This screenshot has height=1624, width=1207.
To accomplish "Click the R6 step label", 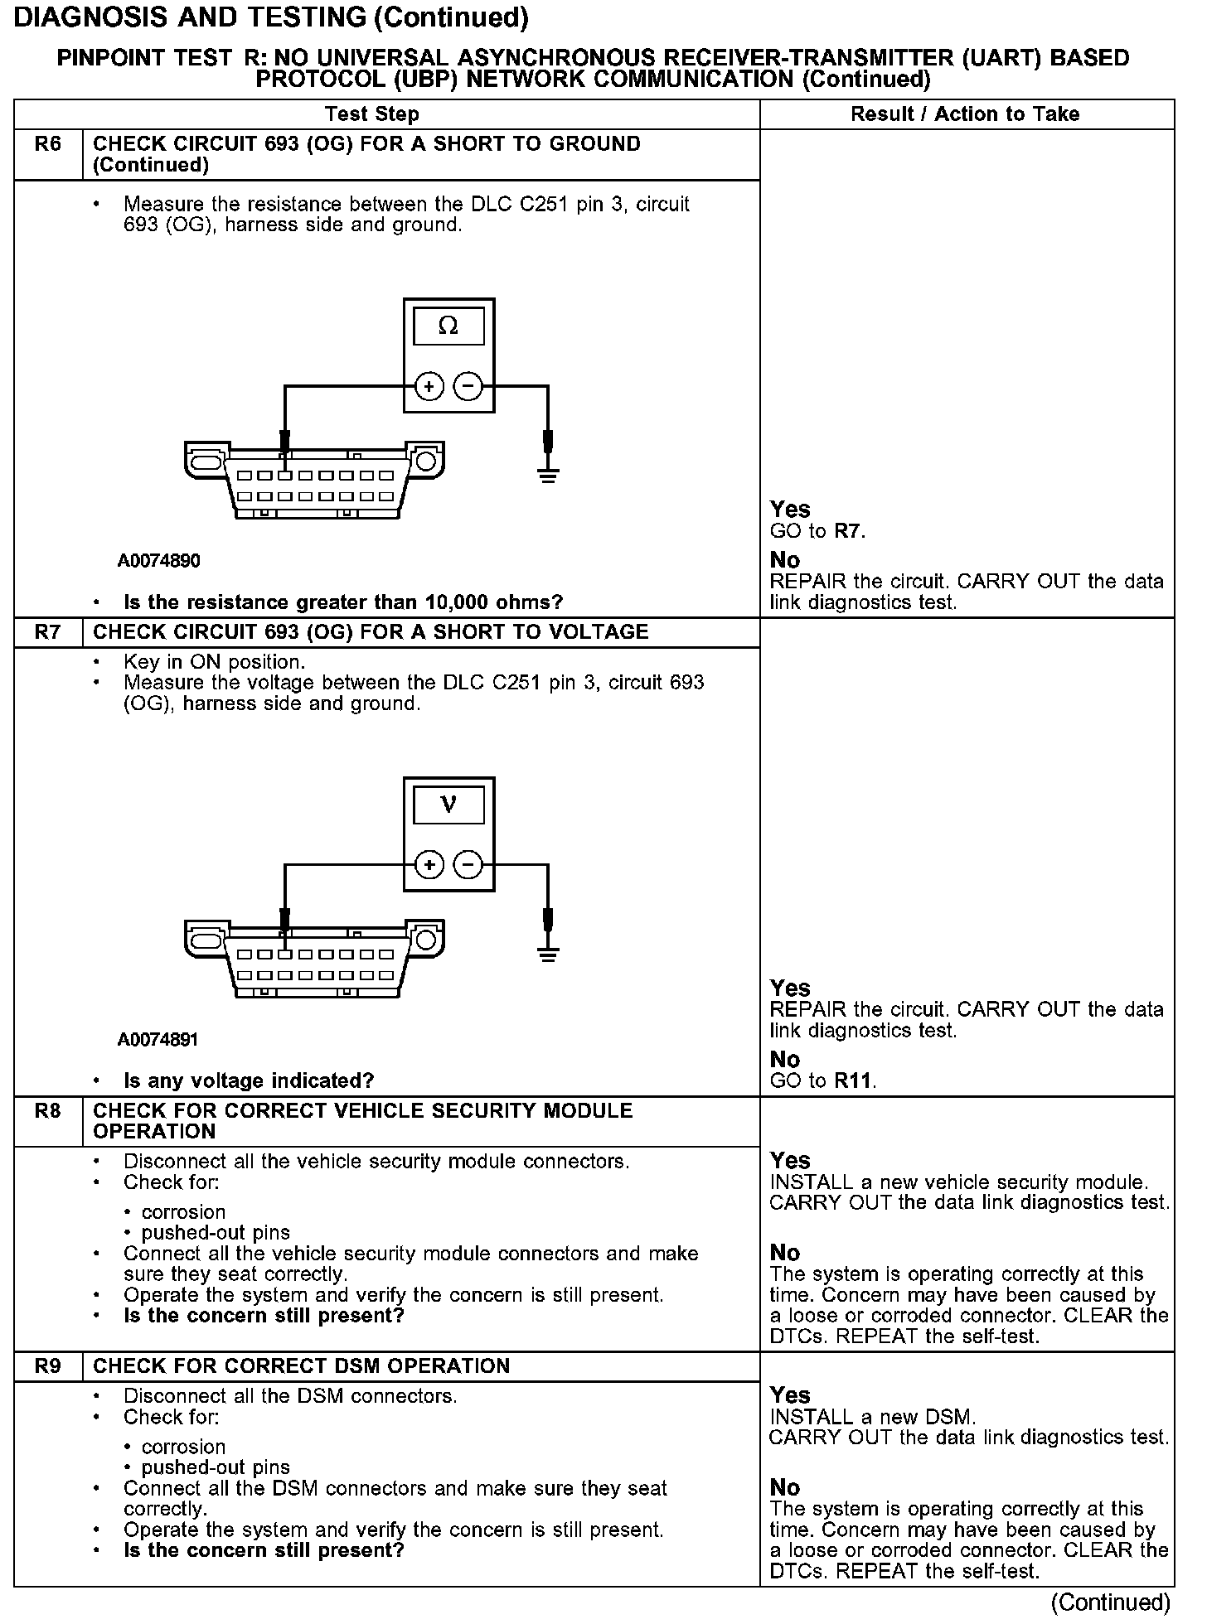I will point(48,144).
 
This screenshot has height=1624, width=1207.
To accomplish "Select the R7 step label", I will point(48,632).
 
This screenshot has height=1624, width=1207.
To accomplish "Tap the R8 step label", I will point(48,1110).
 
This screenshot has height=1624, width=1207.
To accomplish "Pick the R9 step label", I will point(48,1365).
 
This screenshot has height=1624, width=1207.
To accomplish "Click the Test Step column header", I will point(371,114).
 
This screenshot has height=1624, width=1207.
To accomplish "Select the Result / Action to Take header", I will point(965,114).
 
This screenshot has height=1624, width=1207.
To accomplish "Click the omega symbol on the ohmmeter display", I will point(448,326).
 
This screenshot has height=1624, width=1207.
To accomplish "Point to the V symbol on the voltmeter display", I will point(448,805).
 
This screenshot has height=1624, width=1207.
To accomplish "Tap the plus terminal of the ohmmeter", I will point(429,387).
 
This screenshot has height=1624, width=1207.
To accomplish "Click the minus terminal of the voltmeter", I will point(468,866).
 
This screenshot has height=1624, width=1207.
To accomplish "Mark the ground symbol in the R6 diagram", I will point(547,475).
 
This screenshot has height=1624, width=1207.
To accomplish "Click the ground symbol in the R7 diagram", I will point(547,954).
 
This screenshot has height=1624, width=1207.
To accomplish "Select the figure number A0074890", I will point(158,561).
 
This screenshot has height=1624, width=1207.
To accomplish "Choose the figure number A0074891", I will point(158,1040).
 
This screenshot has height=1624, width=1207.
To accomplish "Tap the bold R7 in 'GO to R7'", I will point(848,531).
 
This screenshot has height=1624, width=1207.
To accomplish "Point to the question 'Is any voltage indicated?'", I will point(249,1080).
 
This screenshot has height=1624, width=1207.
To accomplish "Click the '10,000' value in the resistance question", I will point(457,602).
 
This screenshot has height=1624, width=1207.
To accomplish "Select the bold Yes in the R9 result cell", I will point(790,1394).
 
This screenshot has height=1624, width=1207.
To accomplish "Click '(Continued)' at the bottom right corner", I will point(1110,1603).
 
